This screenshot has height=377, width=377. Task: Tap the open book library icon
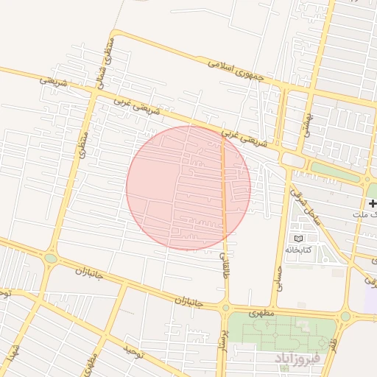(298, 239)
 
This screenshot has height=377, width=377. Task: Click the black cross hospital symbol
(373, 202)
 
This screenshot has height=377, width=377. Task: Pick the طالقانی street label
(225, 265)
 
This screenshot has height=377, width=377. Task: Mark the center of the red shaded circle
(188, 188)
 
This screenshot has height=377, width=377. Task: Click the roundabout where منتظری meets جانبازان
(50, 258)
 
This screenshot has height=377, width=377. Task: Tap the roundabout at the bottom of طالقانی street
(225, 308)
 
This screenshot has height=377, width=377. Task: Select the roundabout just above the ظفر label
(345, 317)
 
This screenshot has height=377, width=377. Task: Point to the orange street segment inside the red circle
(224, 191)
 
